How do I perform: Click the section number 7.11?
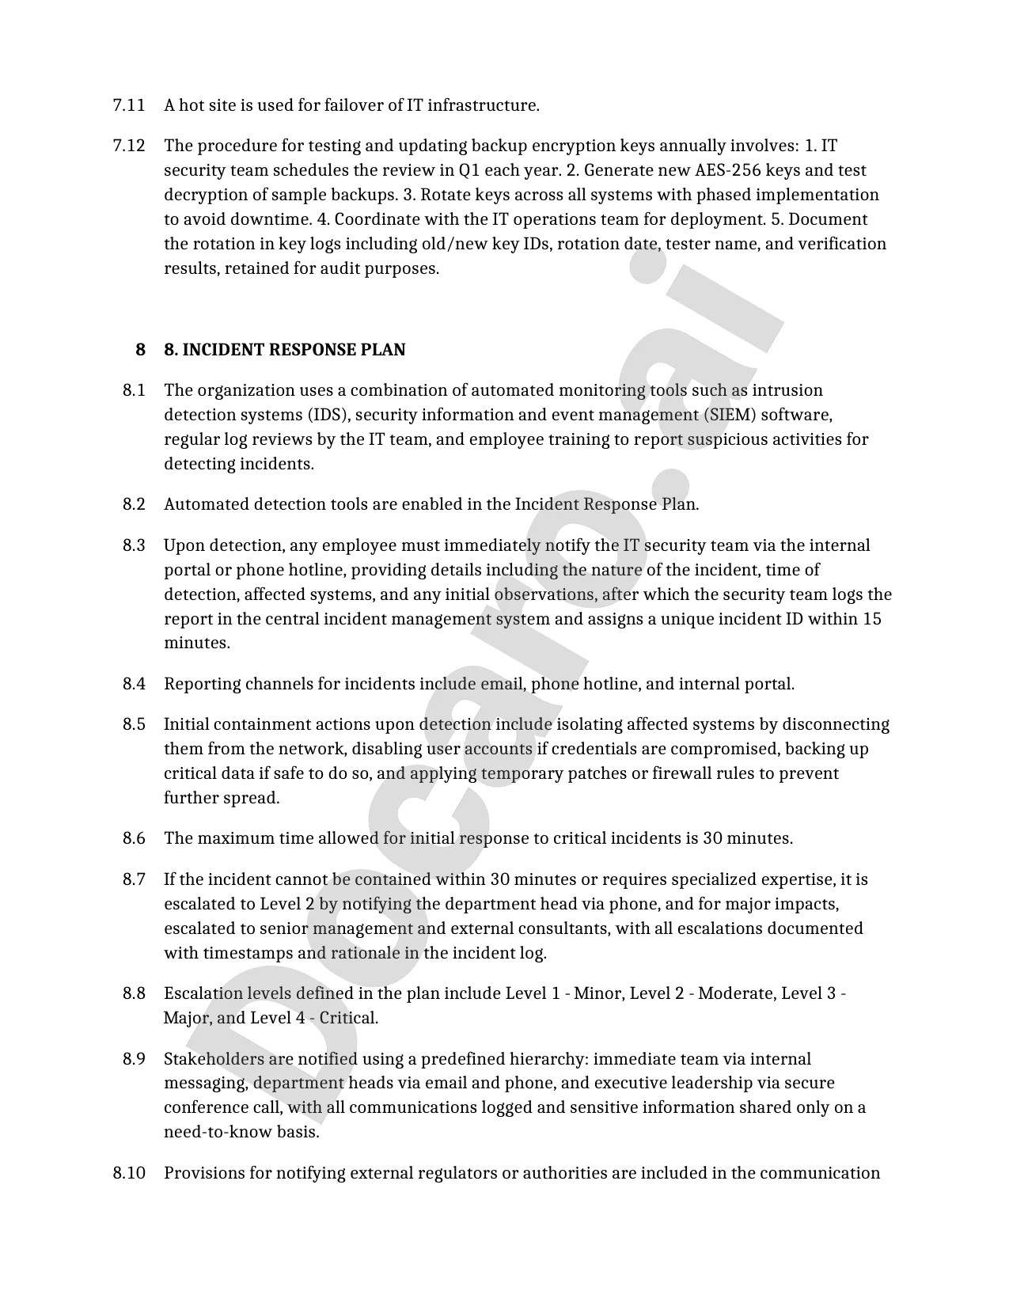click(x=129, y=105)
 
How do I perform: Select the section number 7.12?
click(x=129, y=146)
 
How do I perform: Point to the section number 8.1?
click(x=134, y=390)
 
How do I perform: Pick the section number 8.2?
click(x=134, y=504)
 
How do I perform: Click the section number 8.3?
click(x=134, y=545)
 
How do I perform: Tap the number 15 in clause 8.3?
click(x=871, y=618)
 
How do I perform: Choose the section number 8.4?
click(x=134, y=684)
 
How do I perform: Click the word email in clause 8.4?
click(x=503, y=684)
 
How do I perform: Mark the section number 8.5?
click(x=134, y=724)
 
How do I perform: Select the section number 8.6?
click(x=134, y=838)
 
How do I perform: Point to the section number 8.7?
click(x=134, y=879)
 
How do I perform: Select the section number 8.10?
click(x=129, y=1173)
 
